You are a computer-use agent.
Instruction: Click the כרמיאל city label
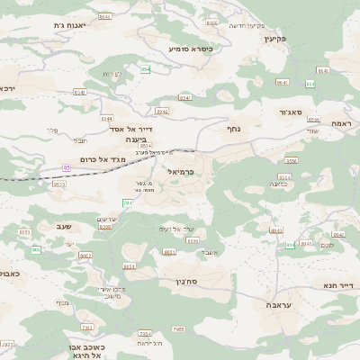click(181, 170)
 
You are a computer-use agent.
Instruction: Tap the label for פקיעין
click(274, 39)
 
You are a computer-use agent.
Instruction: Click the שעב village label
click(65, 228)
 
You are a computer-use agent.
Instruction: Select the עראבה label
click(278, 305)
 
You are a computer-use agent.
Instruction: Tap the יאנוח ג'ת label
click(68, 25)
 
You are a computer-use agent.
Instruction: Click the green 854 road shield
click(145, 69)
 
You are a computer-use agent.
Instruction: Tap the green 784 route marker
click(127, 204)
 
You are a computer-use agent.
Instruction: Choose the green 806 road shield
click(36, 249)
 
